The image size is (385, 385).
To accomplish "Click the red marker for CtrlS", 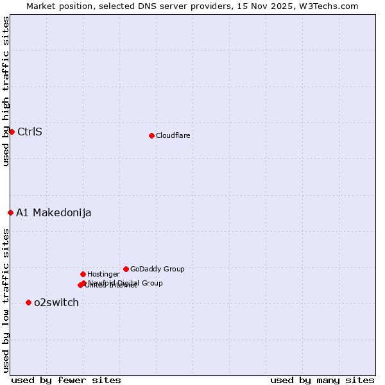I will coord(12,132).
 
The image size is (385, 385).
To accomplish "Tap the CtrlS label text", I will coord(30,132).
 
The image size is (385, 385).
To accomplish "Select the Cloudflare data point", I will coord(151,135).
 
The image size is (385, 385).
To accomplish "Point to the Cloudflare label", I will coord(173,135).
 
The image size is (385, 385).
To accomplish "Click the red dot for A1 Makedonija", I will coord(10,212).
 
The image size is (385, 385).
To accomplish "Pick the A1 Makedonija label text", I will coord(54,213).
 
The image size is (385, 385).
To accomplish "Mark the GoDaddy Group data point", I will coord(126,269).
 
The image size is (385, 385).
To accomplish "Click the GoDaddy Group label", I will coord(157,269).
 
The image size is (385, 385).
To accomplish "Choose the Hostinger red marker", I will coord(83,274).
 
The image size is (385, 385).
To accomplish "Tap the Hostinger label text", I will coord(103,275).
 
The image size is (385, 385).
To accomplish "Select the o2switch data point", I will coord(28,302).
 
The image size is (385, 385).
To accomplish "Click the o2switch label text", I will coord(56,303).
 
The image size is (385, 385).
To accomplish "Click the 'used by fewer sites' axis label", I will coord(66,380).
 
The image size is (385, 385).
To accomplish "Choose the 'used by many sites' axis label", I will coord(322,380).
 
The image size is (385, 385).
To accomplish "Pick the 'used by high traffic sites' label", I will coord(6,92).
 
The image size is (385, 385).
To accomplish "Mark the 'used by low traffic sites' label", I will coord(6,300).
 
